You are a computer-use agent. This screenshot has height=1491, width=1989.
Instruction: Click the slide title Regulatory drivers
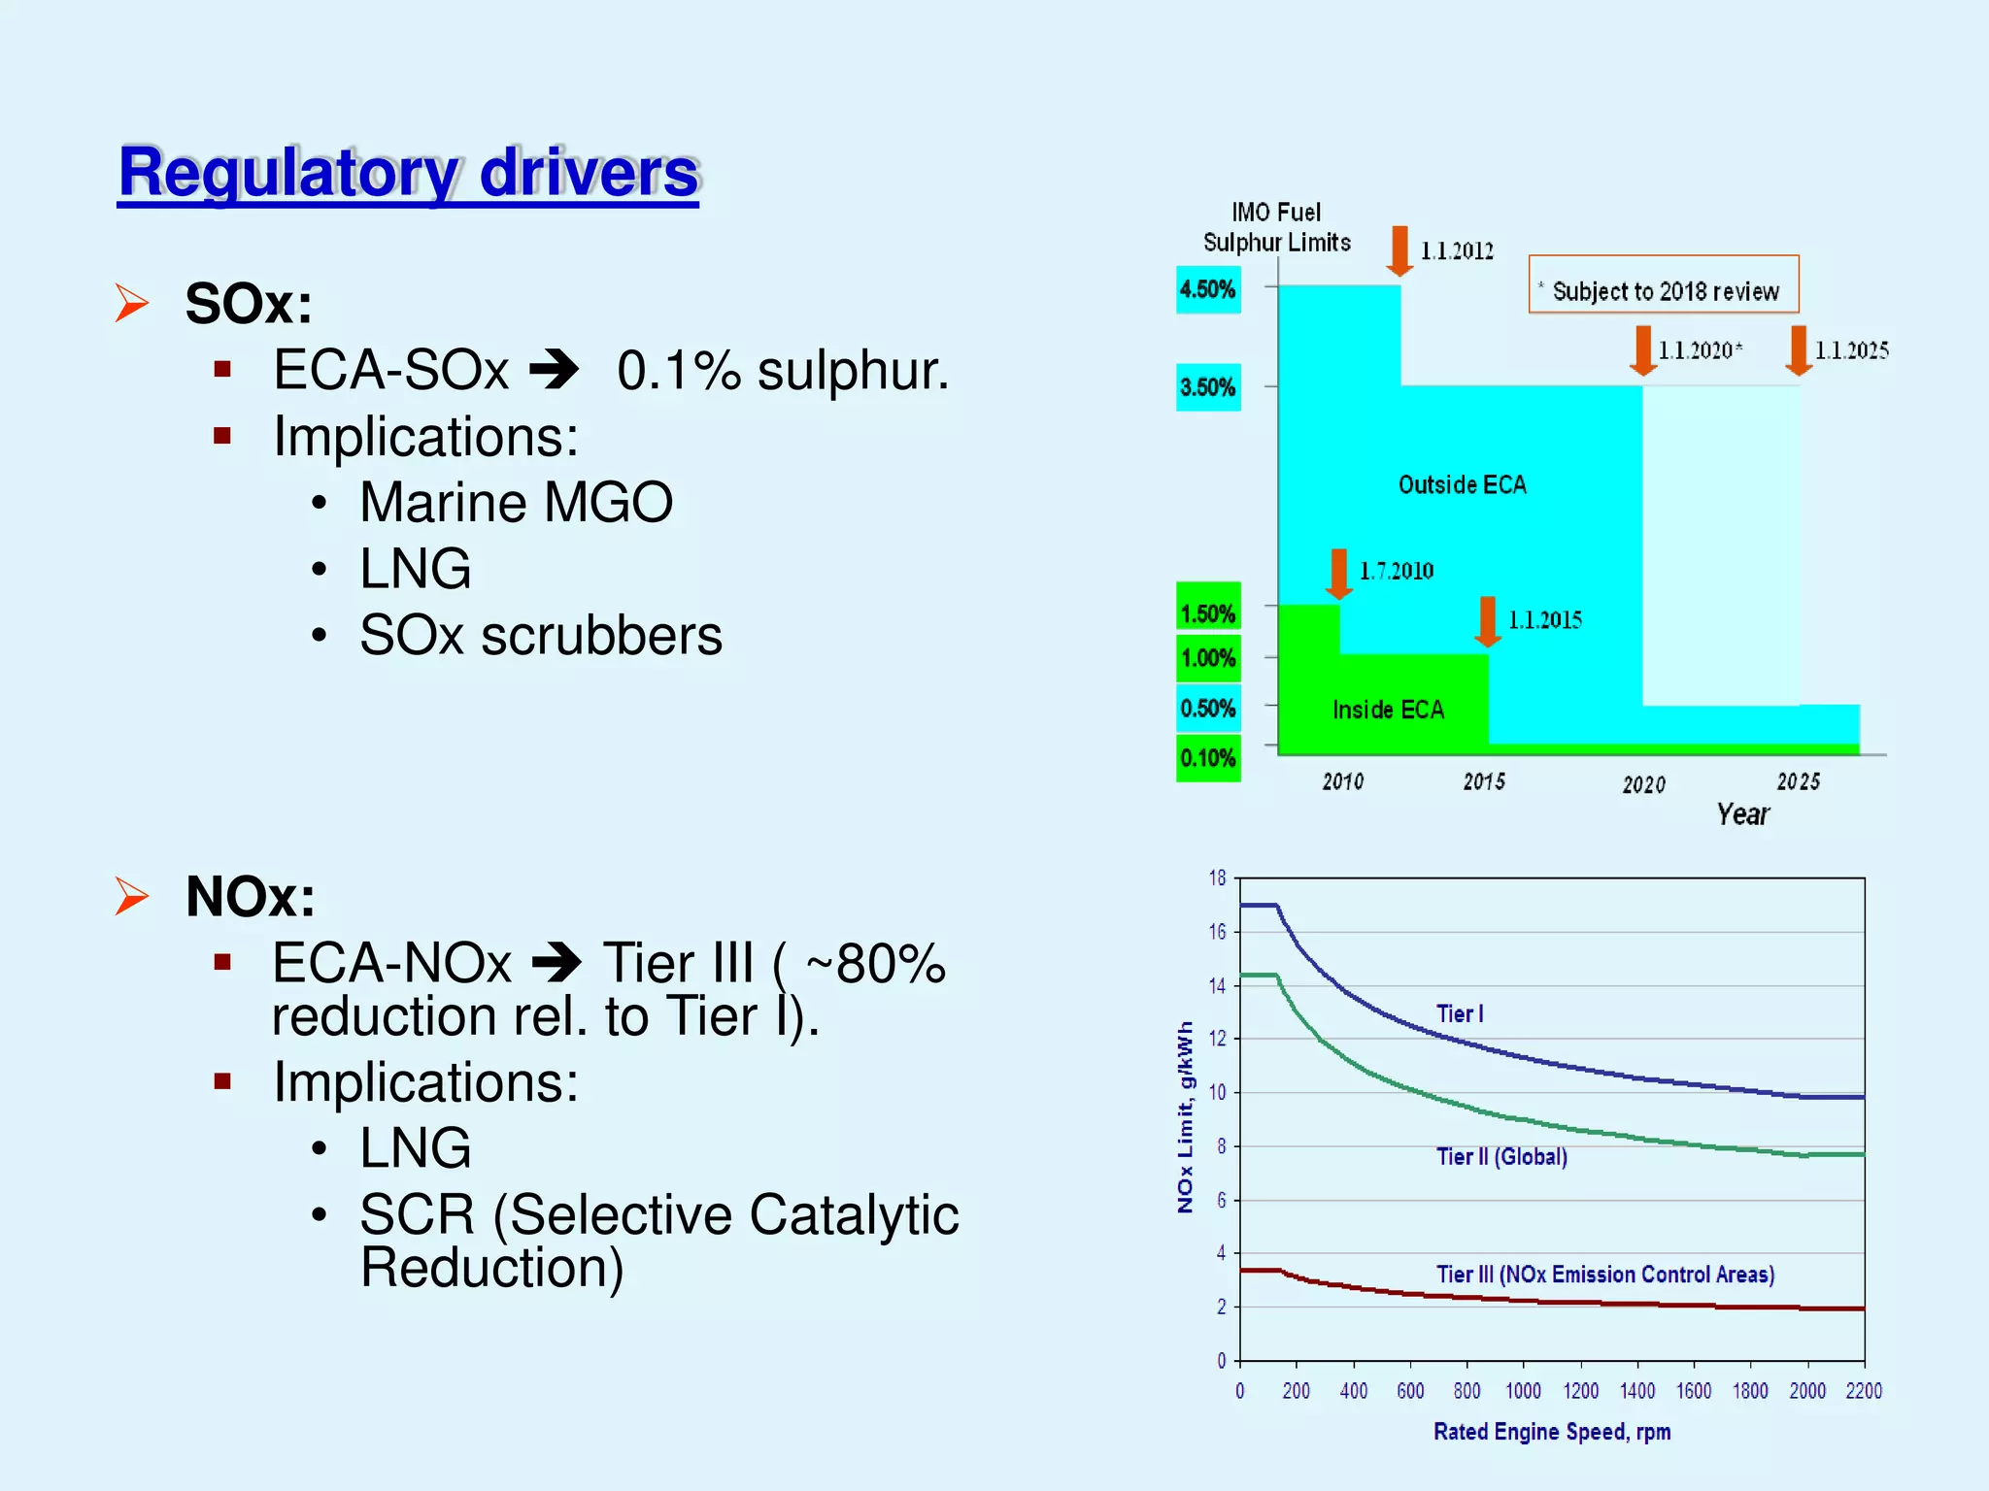pyautogui.click(x=408, y=173)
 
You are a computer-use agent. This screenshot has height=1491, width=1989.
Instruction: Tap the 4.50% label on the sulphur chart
pyautogui.click(x=1207, y=289)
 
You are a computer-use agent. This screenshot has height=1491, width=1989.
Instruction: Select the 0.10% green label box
pyautogui.click(x=1207, y=758)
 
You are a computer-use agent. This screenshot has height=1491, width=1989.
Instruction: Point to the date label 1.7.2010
pyautogui.click(x=1396, y=571)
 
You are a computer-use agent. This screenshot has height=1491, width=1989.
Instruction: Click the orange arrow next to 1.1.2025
pyautogui.click(x=1798, y=350)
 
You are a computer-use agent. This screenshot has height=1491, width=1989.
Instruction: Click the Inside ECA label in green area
pyautogui.click(x=1388, y=710)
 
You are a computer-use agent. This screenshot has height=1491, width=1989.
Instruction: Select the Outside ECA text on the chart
pyautogui.click(x=1462, y=484)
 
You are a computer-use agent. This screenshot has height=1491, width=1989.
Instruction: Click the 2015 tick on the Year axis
pyautogui.click(x=1484, y=781)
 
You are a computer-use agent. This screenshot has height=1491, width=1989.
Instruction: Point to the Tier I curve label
pyautogui.click(x=1460, y=1013)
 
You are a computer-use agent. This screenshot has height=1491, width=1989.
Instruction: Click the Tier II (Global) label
pyautogui.click(x=1501, y=1156)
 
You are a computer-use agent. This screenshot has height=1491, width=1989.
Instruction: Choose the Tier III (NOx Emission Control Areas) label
pyautogui.click(x=1604, y=1274)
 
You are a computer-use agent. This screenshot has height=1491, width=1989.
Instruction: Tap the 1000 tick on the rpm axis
pyautogui.click(x=1523, y=1391)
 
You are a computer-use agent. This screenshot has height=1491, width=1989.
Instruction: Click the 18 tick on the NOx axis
pyautogui.click(x=1217, y=878)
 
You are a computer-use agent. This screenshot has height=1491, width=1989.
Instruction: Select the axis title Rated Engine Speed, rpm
pyautogui.click(x=1551, y=1432)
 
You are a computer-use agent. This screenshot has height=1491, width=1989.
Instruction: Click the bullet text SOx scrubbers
pyautogui.click(x=540, y=636)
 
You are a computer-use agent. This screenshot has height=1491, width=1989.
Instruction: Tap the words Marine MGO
pyautogui.click(x=516, y=503)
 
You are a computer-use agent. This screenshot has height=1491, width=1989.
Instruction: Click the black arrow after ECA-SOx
pyautogui.click(x=555, y=371)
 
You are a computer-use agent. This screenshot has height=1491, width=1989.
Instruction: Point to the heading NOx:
pyautogui.click(x=250, y=896)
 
